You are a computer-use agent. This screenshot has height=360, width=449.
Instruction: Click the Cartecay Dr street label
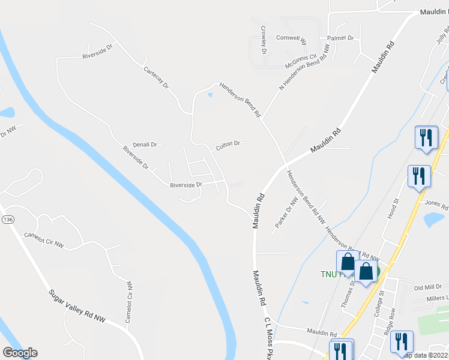157,78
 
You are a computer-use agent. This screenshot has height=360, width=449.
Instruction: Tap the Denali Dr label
145,145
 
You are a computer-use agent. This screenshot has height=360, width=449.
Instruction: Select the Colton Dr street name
228,144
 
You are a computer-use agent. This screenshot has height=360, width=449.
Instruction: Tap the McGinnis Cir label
300,56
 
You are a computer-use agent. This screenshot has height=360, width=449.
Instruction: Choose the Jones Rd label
436,206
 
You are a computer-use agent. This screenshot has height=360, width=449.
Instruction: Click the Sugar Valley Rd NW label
77,306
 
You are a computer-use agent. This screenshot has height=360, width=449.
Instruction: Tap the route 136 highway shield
7,220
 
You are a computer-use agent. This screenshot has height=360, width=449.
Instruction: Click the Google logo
20,353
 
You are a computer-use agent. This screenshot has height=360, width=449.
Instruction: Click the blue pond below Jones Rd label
433,220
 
